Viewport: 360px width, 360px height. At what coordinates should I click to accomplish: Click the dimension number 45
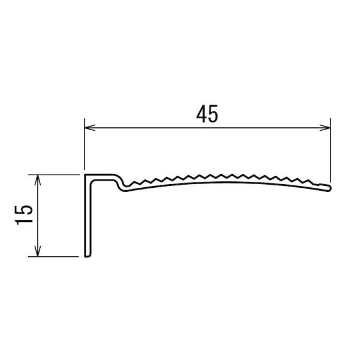point(207,113)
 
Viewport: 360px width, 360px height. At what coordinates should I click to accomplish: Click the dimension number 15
point(23,215)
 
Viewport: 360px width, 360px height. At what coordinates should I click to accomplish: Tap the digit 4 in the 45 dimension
point(202,113)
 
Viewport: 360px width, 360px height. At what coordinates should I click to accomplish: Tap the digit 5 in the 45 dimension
point(213,113)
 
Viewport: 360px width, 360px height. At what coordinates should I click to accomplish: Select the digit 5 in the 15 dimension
point(23,210)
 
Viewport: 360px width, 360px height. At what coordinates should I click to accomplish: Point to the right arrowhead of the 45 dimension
point(325,128)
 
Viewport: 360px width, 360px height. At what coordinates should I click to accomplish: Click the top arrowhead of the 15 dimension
point(38,179)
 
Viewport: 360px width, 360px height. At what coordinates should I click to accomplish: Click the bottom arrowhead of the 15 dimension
point(38,251)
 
